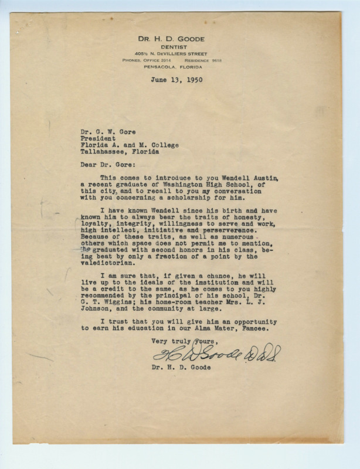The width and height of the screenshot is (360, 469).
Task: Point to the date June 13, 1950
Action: (x=176, y=80)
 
